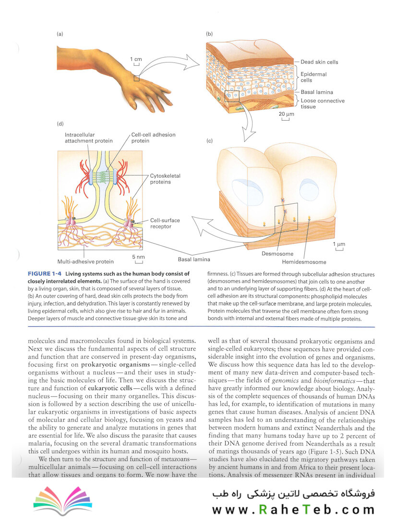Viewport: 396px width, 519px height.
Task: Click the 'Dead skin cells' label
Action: (x=319, y=62)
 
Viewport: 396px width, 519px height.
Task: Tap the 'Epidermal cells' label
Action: (x=313, y=77)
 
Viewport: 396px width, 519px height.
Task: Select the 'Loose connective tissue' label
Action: (x=322, y=104)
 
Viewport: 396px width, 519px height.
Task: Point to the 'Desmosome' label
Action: (x=277, y=254)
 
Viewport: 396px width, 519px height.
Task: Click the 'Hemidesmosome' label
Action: (x=304, y=262)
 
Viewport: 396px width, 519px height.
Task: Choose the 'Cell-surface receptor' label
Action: (x=165, y=223)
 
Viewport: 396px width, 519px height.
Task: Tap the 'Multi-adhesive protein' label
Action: (x=85, y=261)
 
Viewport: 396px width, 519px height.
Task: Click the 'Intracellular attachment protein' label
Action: (x=89, y=138)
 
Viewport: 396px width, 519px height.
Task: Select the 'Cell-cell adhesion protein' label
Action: (x=154, y=138)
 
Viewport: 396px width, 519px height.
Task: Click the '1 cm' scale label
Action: (x=136, y=59)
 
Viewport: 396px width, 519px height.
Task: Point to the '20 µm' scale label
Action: (x=286, y=114)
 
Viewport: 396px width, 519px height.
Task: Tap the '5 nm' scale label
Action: (x=139, y=257)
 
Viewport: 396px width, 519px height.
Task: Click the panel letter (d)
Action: (x=60, y=124)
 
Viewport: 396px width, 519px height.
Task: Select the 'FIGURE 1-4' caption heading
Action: (x=45, y=274)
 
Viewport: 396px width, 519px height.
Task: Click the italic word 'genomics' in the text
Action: (x=285, y=381)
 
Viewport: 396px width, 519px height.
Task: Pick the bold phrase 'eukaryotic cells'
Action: (x=110, y=388)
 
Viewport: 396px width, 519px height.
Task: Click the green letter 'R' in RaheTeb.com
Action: (x=263, y=509)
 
